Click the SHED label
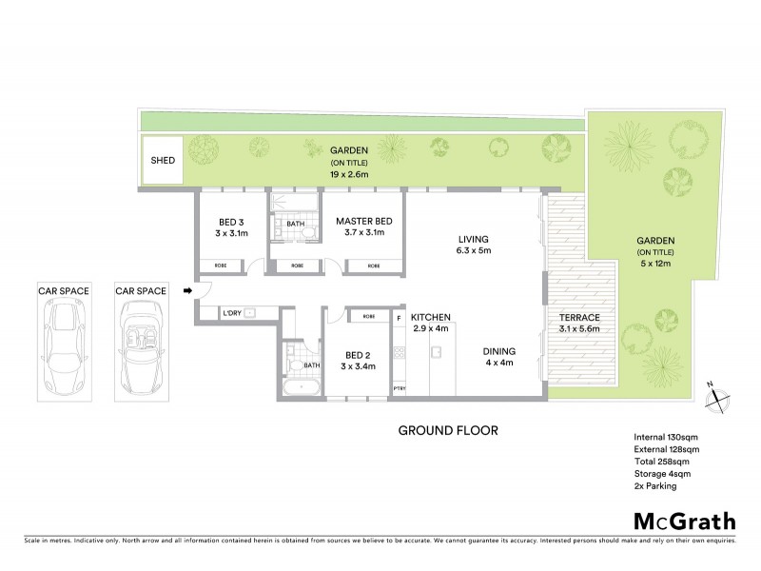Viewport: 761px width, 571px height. tap(163, 160)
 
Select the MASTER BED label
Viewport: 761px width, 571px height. tap(362, 223)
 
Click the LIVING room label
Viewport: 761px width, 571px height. tap(473, 239)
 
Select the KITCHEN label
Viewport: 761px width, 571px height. tap(430, 317)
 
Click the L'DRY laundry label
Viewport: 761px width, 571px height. tap(231, 313)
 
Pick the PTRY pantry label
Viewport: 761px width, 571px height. tap(399, 388)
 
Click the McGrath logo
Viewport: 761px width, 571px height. tap(684, 521)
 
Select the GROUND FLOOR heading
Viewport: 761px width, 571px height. tap(447, 430)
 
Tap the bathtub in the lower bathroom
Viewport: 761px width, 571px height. tap(303, 386)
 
